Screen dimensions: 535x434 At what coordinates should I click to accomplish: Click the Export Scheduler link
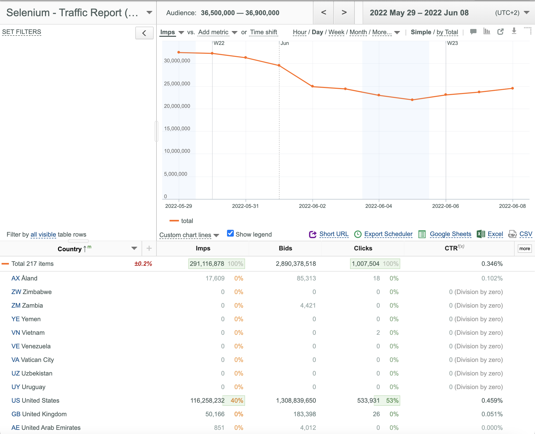click(x=388, y=234)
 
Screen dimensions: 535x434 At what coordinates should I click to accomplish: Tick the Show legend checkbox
click(x=230, y=233)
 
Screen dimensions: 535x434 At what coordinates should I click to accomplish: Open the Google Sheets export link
click(x=450, y=234)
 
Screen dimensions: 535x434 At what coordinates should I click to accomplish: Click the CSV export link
click(x=526, y=234)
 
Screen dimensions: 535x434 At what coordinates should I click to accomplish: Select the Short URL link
click(x=334, y=234)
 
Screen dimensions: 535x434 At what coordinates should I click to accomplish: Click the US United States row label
click(x=35, y=400)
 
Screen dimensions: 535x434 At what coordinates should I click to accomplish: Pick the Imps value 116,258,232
click(x=207, y=400)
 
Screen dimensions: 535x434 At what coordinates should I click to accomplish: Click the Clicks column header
click(x=363, y=248)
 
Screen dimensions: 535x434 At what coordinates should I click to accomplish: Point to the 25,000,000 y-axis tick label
click(x=177, y=84)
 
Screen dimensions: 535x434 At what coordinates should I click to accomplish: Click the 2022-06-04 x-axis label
click(x=379, y=206)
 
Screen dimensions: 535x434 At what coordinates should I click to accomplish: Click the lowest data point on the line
click(x=412, y=100)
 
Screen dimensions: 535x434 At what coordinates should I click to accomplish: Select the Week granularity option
click(x=336, y=32)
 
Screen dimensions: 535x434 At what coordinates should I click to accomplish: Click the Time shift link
click(x=263, y=32)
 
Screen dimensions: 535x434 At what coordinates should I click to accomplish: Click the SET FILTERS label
click(x=22, y=32)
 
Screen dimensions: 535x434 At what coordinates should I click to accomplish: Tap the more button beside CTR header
click(x=525, y=249)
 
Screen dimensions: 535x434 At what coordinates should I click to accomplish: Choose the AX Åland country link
click(x=24, y=278)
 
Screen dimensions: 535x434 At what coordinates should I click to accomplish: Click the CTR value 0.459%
click(x=492, y=400)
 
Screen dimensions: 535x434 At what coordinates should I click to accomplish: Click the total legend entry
click(x=181, y=221)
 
